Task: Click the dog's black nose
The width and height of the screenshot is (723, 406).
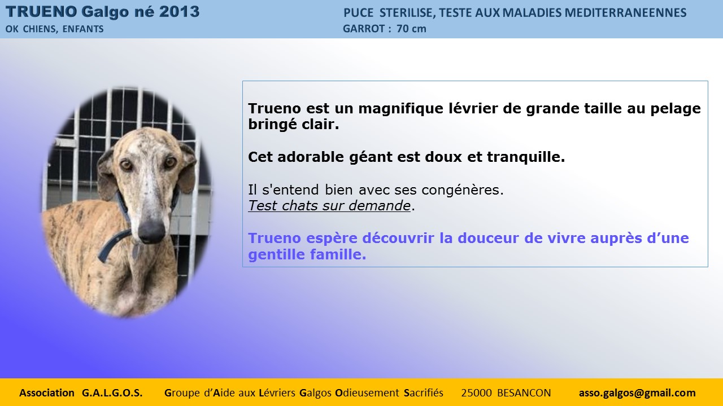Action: (151, 231)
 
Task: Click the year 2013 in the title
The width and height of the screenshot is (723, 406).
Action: (179, 12)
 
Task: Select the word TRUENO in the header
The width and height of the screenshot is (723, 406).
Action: (41, 12)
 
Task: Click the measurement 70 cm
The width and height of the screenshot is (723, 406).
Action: (412, 29)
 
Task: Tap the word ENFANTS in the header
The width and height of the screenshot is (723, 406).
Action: (83, 29)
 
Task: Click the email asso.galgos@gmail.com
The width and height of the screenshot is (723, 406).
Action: (637, 393)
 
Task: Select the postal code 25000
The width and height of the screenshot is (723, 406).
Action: (476, 393)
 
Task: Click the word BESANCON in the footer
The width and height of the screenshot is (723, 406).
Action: (524, 393)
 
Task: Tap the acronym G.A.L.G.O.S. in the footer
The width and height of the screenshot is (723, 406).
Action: (112, 393)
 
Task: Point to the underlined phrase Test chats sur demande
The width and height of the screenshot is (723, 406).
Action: (329, 206)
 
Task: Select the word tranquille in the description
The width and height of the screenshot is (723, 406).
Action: (526, 157)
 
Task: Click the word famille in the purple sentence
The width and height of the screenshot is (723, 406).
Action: (338, 254)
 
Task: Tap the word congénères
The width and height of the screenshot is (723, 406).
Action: (463, 190)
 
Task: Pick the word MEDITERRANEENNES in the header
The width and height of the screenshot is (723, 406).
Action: (625, 13)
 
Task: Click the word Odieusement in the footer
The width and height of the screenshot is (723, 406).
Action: (367, 393)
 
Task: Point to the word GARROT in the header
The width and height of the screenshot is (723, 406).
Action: (364, 29)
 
